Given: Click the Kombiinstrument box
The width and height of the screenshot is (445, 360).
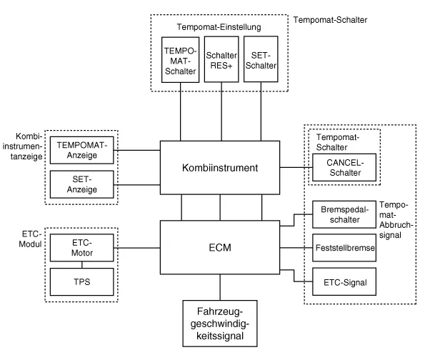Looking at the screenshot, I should pos(219,168).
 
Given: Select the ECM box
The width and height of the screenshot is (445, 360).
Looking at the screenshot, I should pos(219,248).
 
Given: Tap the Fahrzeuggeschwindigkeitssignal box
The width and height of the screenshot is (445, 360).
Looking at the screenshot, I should pos(219,324).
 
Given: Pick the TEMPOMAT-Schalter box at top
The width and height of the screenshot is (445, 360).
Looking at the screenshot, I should pos(179,61).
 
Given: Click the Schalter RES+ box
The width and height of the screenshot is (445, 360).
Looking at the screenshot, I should pos(221,61).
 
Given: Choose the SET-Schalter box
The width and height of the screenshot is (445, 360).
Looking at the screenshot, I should pos(261,61).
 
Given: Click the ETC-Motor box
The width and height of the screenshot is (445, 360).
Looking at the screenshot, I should pos(81,248).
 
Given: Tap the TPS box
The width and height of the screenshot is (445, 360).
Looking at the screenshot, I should pos(81,282).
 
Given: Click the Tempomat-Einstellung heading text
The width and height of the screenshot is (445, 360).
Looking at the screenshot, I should pos(219,27).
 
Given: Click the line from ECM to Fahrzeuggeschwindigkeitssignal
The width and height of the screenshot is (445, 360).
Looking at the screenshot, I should pos(219,286).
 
